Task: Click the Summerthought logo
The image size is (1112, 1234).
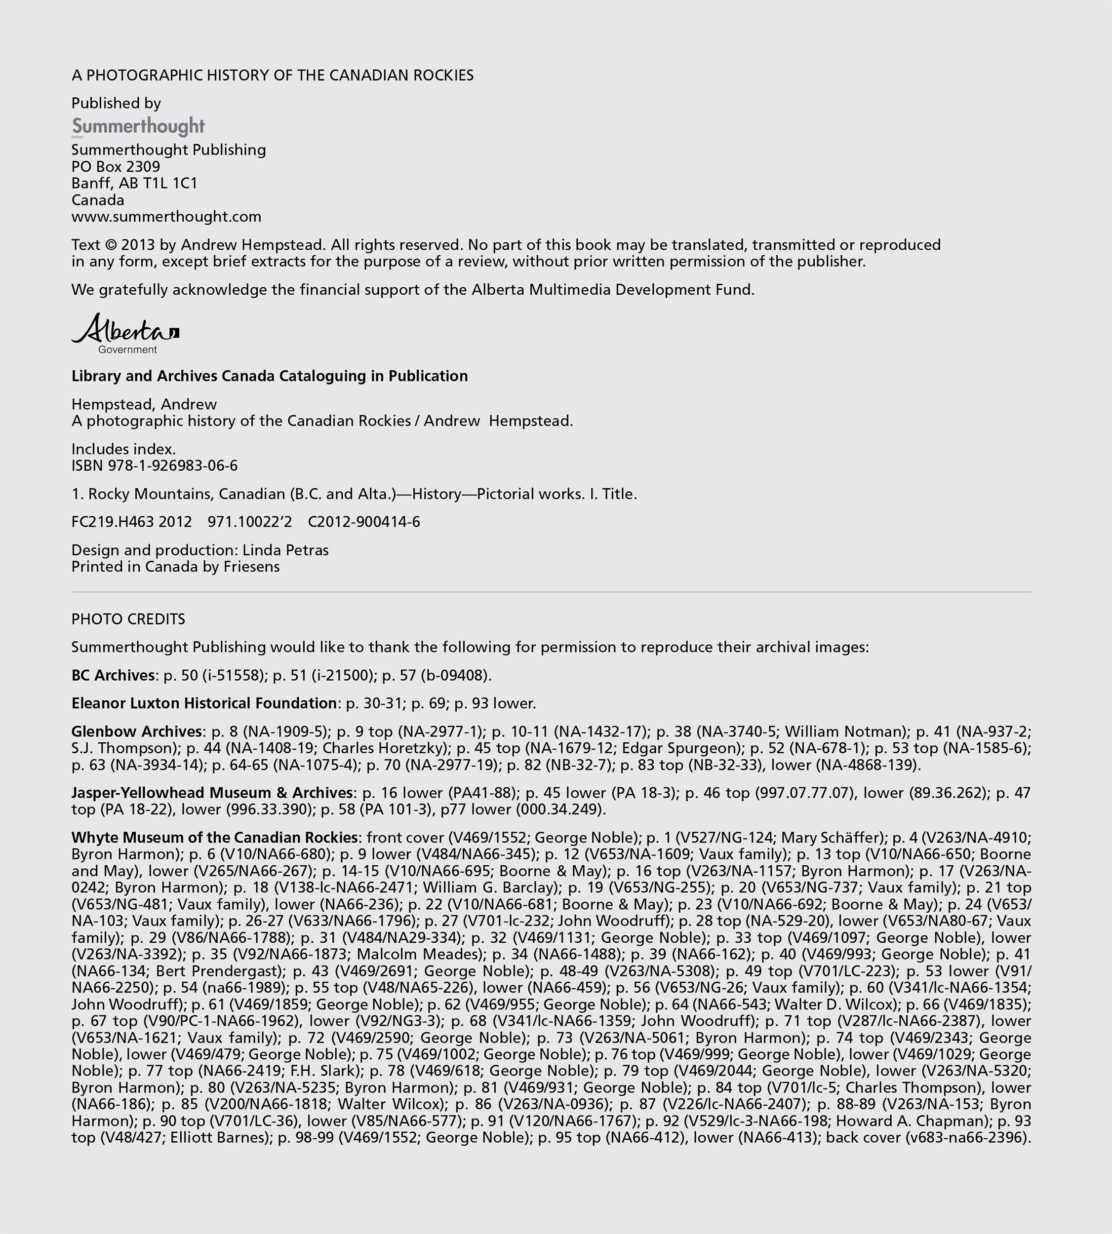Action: [138, 126]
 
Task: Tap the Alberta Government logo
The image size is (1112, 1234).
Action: [125, 333]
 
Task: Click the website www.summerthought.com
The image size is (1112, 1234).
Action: [166, 217]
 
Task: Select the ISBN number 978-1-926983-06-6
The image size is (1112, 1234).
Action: [173, 465]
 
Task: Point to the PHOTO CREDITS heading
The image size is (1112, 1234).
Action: [128, 619]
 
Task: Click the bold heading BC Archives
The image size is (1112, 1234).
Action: [113, 675]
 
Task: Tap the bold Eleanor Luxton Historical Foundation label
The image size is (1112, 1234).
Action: [204, 703]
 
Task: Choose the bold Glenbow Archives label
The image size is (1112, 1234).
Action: [137, 731]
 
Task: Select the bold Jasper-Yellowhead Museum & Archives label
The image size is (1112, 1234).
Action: [212, 792]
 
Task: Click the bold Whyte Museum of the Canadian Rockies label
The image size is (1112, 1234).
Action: [214, 837]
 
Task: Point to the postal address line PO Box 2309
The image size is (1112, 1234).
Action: [116, 167]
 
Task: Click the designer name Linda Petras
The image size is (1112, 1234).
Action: [285, 550]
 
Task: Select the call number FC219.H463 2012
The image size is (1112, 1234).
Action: [131, 522]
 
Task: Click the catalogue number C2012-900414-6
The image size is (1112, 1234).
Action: [363, 522]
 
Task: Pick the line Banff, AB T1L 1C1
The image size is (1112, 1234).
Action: [134, 183]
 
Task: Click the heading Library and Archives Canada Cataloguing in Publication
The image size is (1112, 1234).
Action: [270, 376]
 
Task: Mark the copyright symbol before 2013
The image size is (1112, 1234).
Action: [111, 245]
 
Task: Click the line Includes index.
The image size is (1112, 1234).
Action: [123, 449]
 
